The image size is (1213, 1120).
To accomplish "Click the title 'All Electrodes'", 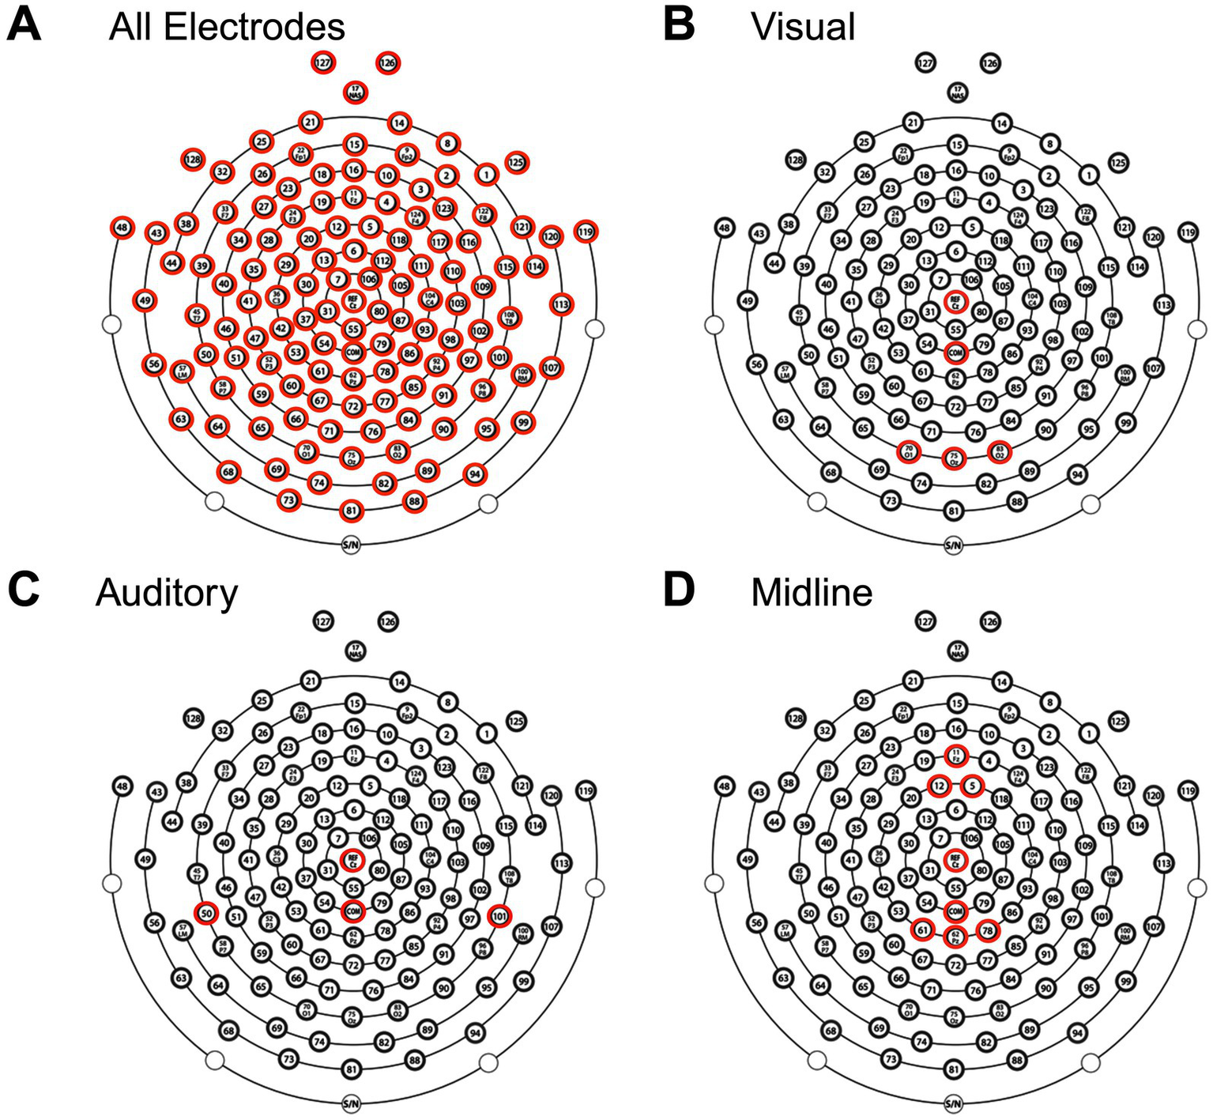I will click(x=227, y=27).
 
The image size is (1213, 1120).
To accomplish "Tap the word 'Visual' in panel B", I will click(x=803, y=27).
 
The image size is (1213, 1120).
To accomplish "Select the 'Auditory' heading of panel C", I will click(x=167, y=592).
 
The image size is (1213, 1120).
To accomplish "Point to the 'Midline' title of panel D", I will click(x=812, y=592).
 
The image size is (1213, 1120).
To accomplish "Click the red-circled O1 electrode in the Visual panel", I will click(x=909, y=451).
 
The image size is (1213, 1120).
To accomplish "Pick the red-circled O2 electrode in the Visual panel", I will click(x=1000, y=451).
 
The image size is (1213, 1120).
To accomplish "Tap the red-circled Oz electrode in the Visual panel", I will click(x=955, y=458).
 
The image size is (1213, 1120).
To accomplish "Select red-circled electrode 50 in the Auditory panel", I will click(x=206, y=913).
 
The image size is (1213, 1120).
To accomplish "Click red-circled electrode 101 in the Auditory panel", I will click(x=499, y=916).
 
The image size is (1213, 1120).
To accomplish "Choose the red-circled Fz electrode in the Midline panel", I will click(x=956, y=756).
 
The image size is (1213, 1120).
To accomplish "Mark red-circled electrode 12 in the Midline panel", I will click(x=939, y=786).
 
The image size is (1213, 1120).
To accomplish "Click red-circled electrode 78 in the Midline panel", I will click(x=987, y=931).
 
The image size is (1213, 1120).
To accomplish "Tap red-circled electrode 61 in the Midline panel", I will click(x=922, y=930).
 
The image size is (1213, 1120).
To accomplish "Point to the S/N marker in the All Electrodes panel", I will click(x=351, y=545).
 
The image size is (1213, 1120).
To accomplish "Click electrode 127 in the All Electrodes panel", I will click(x=322, y=62).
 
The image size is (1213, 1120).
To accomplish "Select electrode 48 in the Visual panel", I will click(x=724, y=228).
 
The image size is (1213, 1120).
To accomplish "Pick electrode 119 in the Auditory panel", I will click(x=586, y=790).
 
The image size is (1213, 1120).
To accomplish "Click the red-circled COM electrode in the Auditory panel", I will click(x=352, y=911).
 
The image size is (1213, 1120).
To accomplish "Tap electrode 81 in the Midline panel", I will click(x=955, y=1069).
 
